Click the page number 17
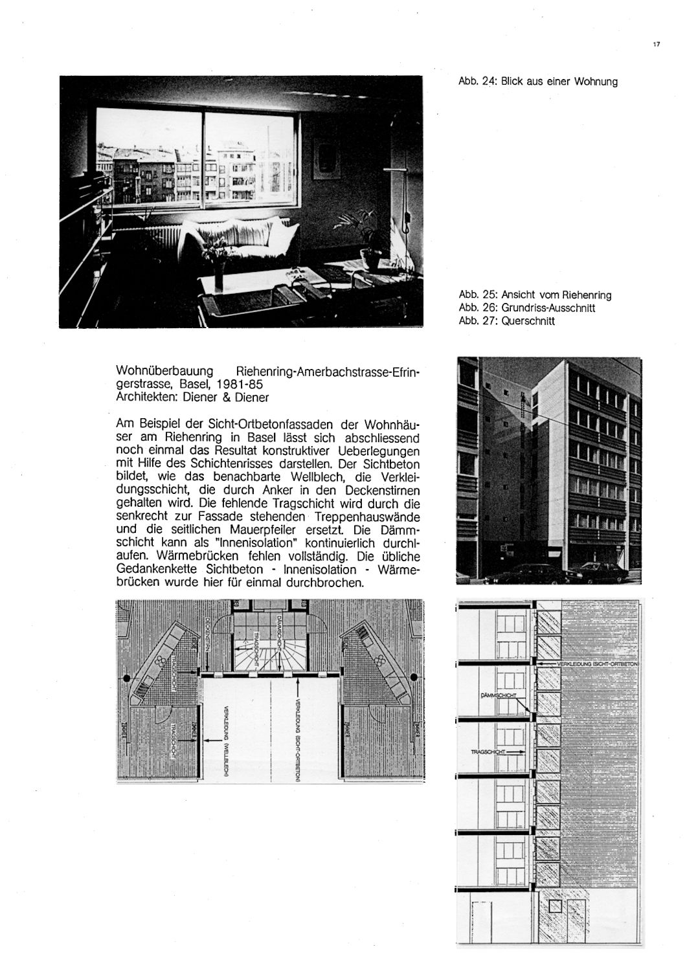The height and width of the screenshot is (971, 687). point(657,45)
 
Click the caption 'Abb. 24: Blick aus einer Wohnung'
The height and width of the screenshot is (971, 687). point(537,82)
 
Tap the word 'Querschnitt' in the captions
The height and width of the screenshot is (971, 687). point(528,320)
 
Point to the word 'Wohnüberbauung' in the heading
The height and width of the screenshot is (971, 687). point(164,372)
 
